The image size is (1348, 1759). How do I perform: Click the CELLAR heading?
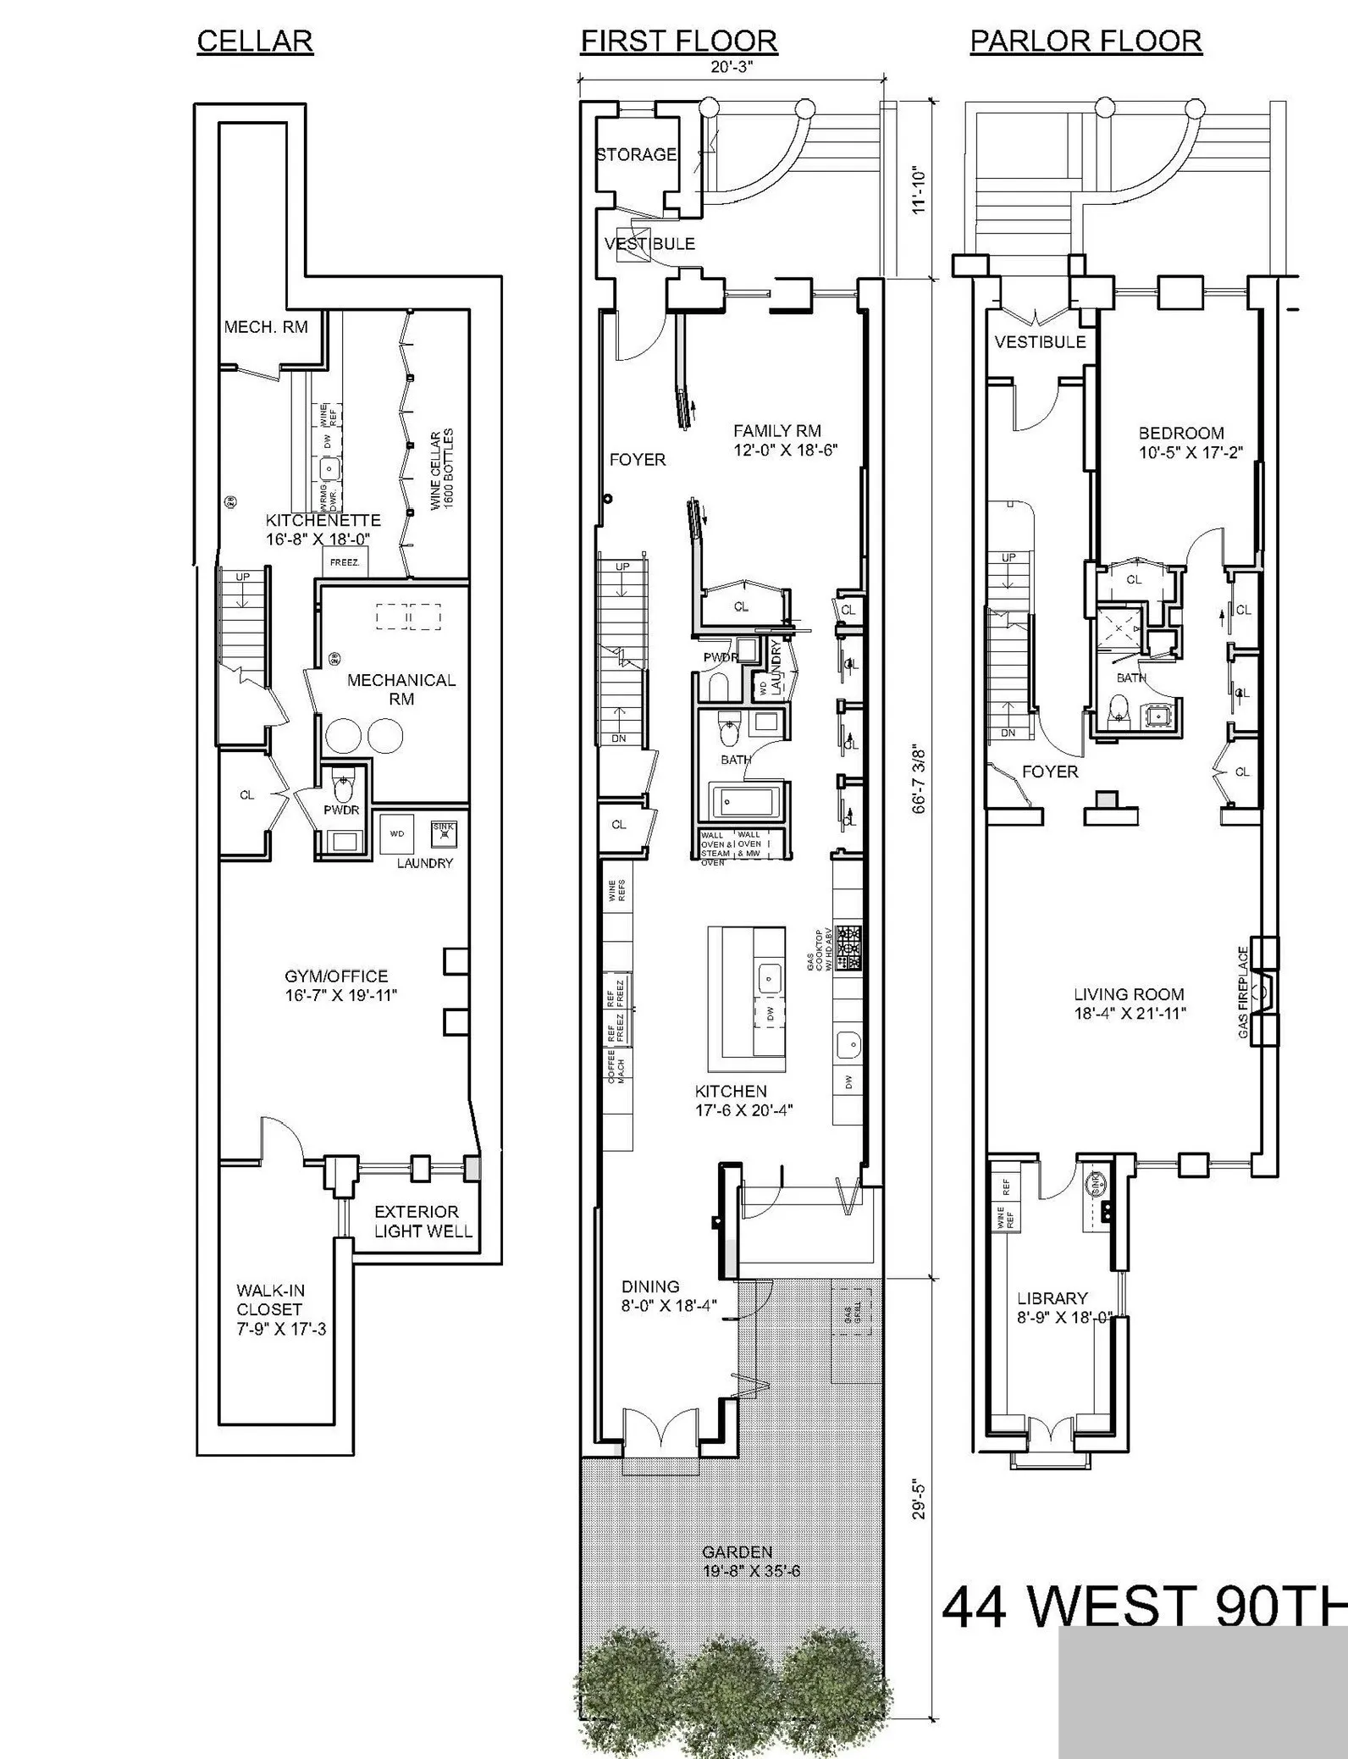[255, 41]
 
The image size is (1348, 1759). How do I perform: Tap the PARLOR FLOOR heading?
[1086, 41]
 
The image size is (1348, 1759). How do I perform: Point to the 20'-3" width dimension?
[732, 67]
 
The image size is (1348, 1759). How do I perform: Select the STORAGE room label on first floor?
[636, 154]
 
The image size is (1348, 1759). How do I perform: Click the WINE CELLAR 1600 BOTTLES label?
[442, 468]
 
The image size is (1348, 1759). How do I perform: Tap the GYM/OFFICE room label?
[340, 985]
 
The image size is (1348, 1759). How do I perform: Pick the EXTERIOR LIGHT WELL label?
[423, 1221]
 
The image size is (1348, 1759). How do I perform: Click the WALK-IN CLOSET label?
[280, 1309]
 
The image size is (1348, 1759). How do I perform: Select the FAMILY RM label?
[784, 440]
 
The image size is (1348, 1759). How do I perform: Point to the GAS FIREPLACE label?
[1243, 992]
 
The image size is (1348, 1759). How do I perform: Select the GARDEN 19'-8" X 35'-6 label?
[750, 1561]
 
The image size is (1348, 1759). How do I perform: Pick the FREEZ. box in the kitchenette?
[345, 561]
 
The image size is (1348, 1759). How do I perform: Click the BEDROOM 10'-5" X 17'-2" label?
[1190, 442]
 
